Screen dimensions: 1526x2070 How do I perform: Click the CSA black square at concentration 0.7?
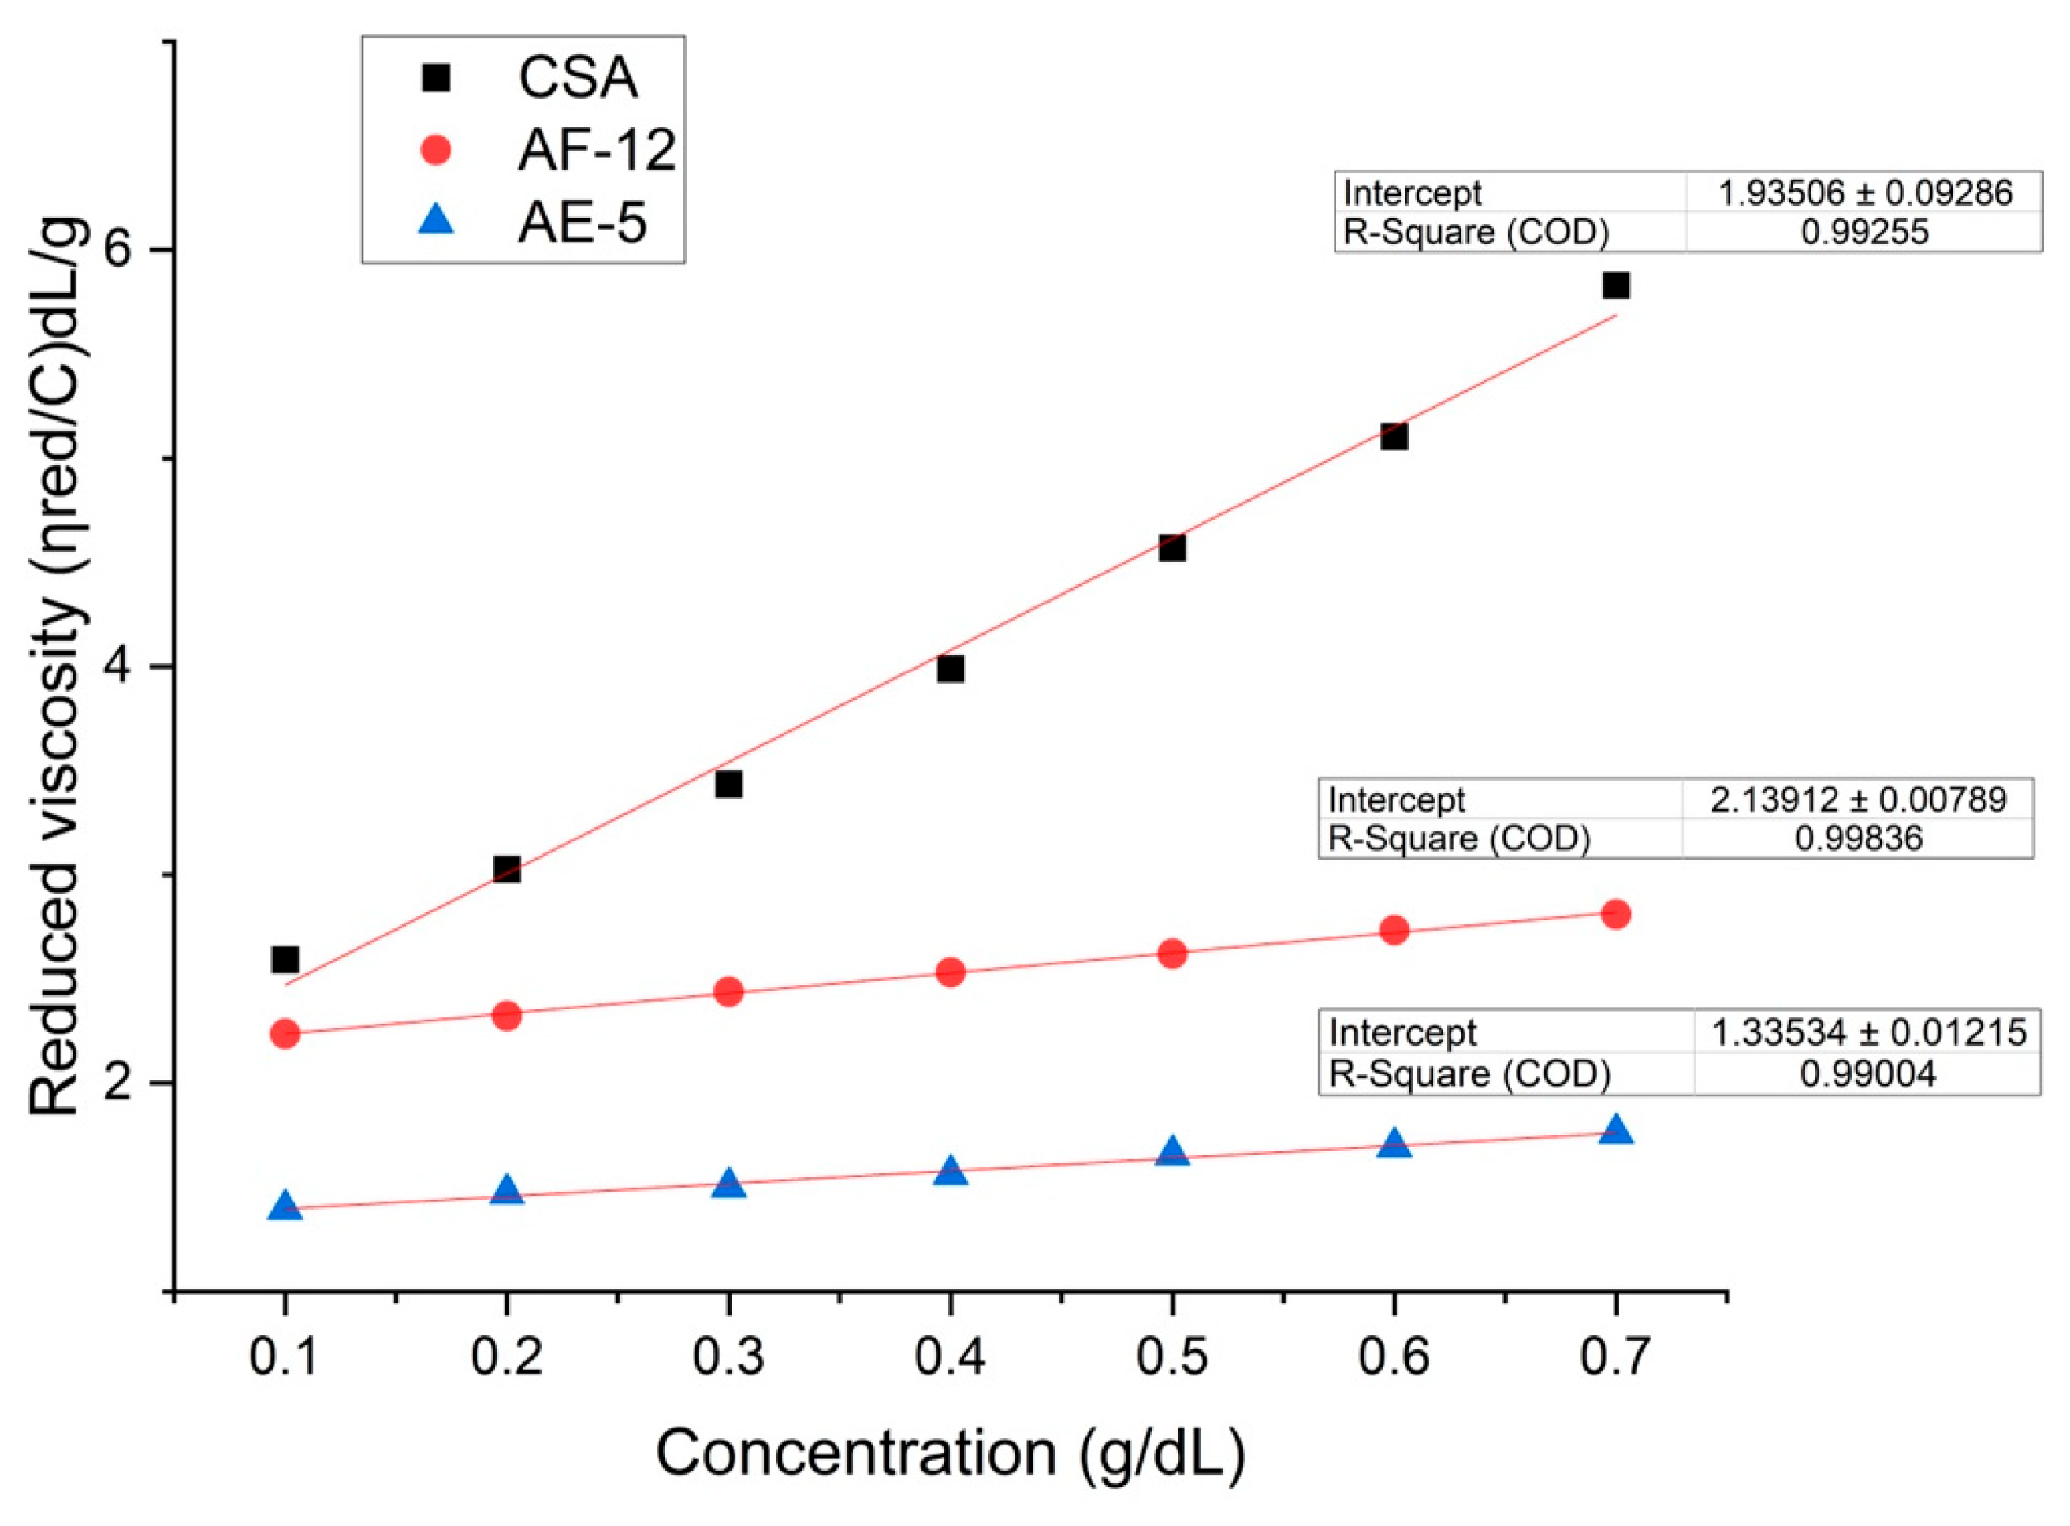click(1615, 285)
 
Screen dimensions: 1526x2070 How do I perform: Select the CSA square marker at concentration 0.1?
click(285, 960)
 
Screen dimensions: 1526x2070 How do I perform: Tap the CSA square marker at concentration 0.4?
click(950, 669)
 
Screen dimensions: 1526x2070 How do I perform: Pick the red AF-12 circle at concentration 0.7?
click(1615, 915)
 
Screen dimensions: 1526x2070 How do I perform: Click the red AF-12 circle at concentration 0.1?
click(285, 1033)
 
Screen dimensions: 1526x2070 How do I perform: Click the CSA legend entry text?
click(578, 77)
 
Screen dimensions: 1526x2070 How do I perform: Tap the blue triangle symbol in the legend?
click(436, 221)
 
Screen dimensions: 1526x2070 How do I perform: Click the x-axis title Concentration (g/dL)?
click(950, 1453)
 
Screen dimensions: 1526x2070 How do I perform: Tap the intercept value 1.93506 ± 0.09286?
click(1863, 193)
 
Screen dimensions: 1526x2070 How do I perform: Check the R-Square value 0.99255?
click(1864, 232)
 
